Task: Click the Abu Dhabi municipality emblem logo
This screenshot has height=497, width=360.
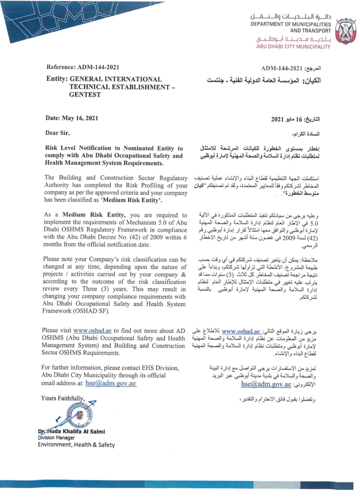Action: tap(345, 31)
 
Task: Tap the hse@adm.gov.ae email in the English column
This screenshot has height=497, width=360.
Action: tap(111, 383)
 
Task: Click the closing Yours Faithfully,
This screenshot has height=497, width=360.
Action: tap(63, 399)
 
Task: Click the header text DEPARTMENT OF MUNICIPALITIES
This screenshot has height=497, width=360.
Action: tap(291, 24)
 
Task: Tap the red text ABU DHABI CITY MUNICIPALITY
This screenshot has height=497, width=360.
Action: tap(293, 47)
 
